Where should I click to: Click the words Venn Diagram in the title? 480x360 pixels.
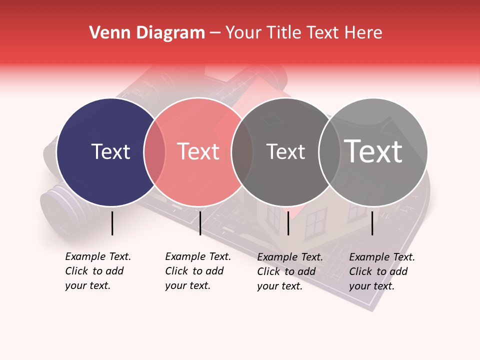click(x=147, y=33)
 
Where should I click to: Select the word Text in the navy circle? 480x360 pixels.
click(x=110, y=151)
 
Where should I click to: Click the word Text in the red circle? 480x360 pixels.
click(x=198, y=151)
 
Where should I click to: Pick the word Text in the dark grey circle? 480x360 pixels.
click(x=285, y=151)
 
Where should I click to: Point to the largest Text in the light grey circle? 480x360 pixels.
click(x=373, y=151)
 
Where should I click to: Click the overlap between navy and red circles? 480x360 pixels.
click(x=154, y=152)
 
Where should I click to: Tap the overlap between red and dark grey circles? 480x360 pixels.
click(x=242, y=152)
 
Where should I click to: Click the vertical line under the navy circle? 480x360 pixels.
click(x=112, y=223)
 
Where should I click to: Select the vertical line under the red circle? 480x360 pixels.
click(x=200, y=223)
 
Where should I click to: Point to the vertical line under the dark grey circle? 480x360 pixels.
click(x=288, y=223)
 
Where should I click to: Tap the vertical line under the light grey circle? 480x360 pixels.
click(x=372, y=223)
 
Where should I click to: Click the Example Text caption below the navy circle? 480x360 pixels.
click(x=97, y=271)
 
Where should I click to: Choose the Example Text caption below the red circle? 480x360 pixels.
click(x=197, y=271)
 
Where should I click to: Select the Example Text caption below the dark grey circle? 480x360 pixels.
click(x=289, y=271)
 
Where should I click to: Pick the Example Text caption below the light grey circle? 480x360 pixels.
click(x=381, y=271)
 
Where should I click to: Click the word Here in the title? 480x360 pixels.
click(x=364, y=33)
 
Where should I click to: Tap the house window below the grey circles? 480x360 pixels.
click(x=315, y=222)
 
